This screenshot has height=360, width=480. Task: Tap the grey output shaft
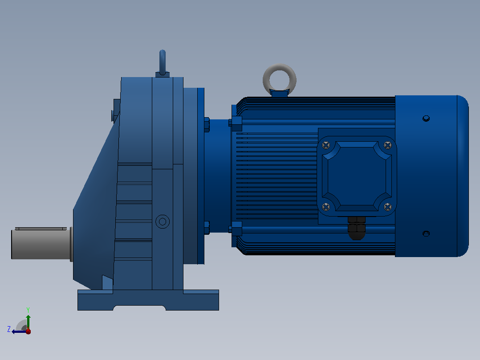point(41,244)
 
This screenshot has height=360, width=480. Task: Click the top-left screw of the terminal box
point(326,145)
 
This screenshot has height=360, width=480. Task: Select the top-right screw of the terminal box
point(387,145)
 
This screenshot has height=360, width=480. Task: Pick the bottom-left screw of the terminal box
point(326,207)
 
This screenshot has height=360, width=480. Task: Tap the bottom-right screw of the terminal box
point(387,207)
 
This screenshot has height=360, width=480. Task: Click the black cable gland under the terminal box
point(357,228)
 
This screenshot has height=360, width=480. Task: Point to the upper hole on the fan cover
point(426,118)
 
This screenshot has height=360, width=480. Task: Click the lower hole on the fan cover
point(426,234)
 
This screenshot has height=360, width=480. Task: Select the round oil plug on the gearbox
point(163,221)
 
